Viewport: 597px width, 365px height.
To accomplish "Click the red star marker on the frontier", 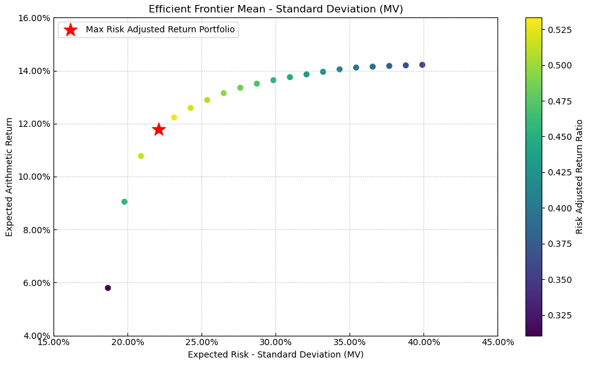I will [x=159, y=129].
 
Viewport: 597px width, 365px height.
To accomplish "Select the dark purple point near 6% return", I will [x=108, y=288].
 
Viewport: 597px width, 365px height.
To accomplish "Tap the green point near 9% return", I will [x=124, y=201].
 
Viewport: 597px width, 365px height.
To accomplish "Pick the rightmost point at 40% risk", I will [x=422, y=65].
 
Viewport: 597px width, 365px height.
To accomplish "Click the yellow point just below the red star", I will [x=141, y=156].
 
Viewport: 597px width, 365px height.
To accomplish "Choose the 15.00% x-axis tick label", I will [x=53, y=342].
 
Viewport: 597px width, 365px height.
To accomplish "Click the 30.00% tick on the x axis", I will [x=275, y=342].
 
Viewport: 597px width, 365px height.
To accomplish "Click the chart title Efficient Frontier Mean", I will [x=275, y=9].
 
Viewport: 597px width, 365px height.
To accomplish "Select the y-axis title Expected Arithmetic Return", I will [x=9, y=177].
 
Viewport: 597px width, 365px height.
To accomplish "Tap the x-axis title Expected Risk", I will [x=275, y=354].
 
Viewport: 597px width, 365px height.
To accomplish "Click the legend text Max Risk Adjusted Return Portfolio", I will [x=160, y=30].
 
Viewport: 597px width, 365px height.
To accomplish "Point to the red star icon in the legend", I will [x=70, y=30].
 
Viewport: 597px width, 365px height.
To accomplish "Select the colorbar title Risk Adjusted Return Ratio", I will [x=580, y=177].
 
